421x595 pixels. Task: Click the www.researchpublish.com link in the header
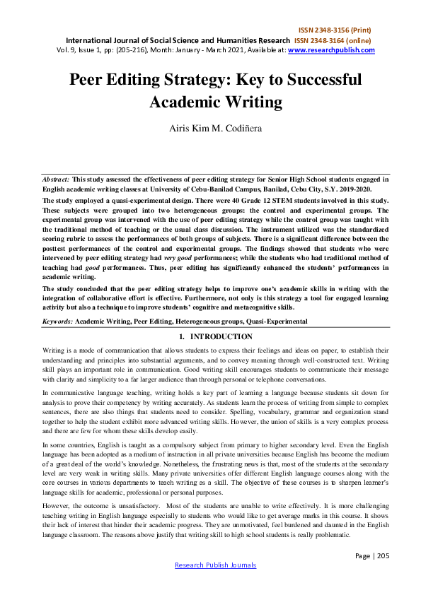(x=331, y=50)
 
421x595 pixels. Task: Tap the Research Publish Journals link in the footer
(x=215, y=565)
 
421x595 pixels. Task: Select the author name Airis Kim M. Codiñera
(x=209, y=130)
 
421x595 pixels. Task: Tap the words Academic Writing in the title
(x=215, y=101)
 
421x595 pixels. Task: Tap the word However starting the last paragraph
(x=57, y=507)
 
